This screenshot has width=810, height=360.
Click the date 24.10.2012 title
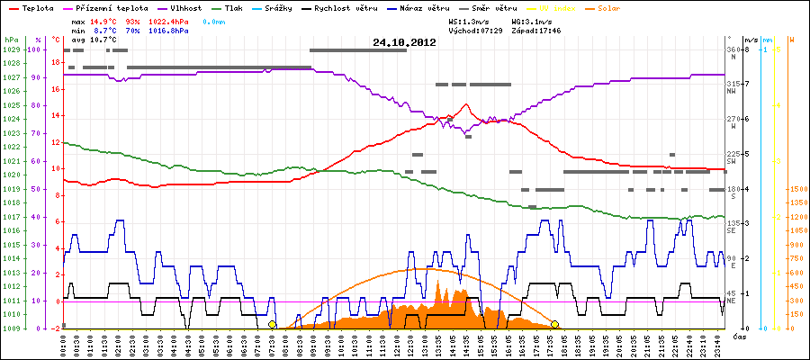404,41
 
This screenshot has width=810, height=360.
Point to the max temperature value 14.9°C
106,20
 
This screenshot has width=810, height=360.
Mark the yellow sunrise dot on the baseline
272,324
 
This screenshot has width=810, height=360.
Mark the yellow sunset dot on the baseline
555,324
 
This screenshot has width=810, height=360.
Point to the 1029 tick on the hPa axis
11,49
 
